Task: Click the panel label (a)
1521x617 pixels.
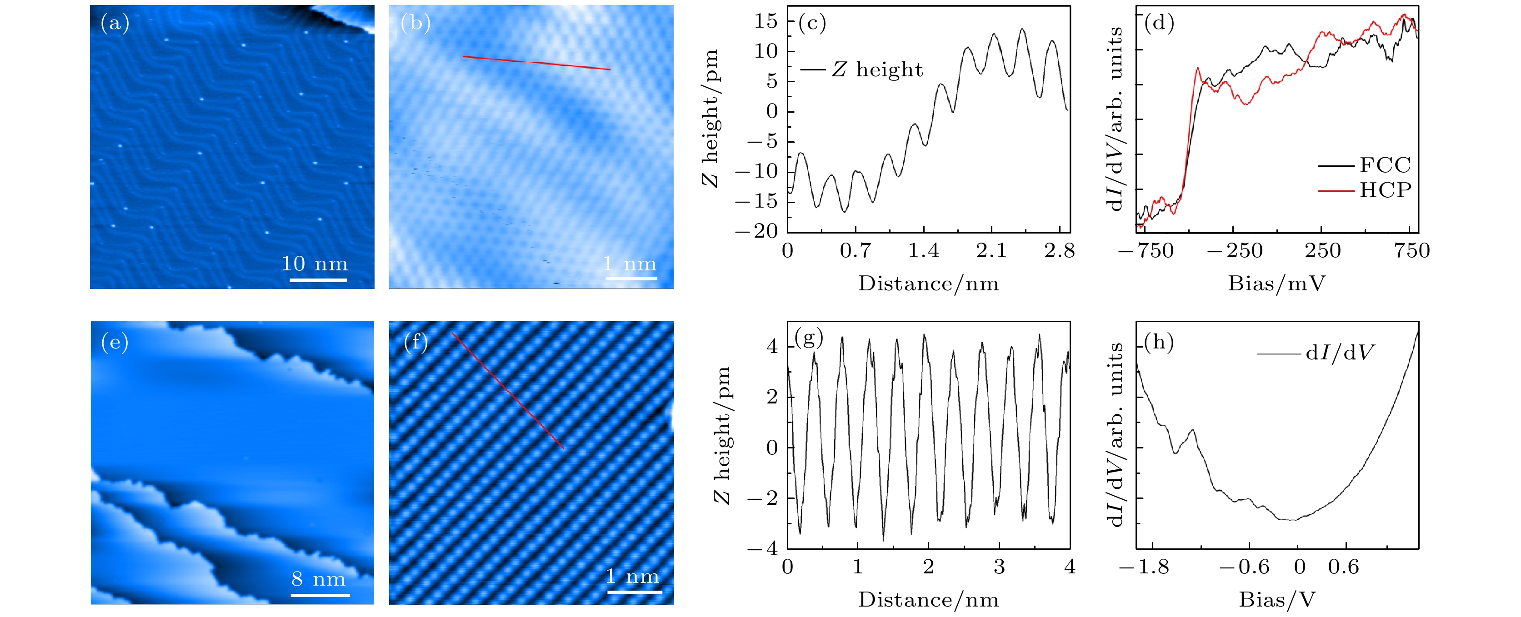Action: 115,23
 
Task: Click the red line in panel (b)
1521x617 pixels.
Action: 536,63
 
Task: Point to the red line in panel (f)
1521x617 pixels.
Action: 508,391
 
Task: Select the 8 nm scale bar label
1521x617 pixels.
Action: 318,579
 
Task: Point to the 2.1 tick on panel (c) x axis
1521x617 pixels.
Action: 991,250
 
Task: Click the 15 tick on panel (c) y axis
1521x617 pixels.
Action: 766,21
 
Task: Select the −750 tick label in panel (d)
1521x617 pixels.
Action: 1146,250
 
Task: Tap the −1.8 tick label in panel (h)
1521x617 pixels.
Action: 1144,567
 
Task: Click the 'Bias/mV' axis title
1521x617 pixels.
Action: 1276,284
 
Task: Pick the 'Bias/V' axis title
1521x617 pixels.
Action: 1276,600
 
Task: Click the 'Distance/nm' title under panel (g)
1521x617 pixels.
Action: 928,600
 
